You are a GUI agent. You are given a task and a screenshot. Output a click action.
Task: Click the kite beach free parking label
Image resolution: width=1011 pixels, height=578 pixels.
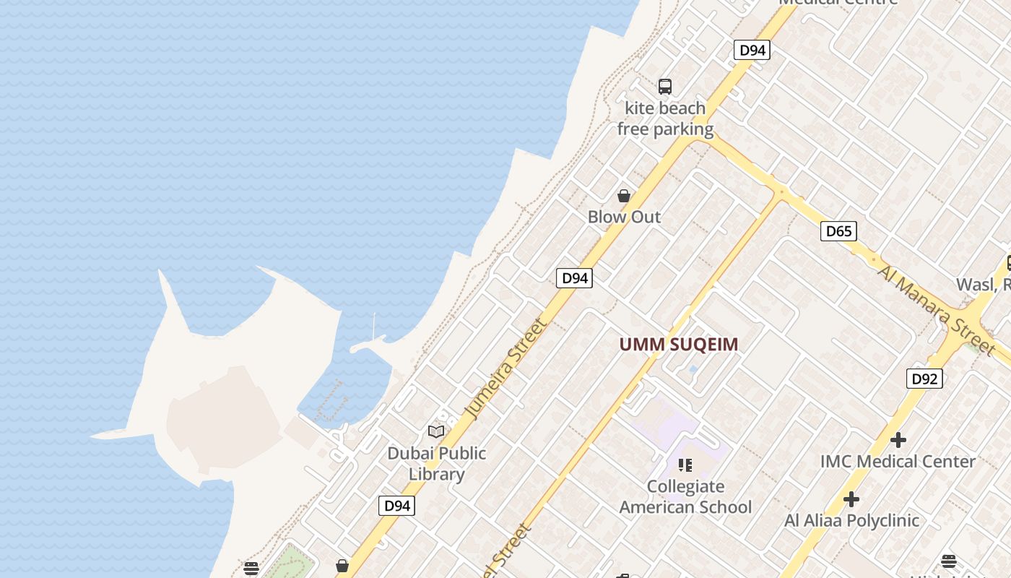click(x=665, y=118)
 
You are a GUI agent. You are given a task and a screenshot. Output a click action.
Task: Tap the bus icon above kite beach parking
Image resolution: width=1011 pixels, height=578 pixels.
click(x=665, y=87)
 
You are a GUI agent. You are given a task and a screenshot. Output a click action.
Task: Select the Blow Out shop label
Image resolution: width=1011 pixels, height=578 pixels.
click(x=624, y=217)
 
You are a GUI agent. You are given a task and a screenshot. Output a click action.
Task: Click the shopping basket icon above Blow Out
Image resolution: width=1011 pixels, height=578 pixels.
click(x=624, y=196)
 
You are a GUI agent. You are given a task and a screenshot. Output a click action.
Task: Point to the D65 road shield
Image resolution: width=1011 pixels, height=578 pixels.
click(x=838, y=231)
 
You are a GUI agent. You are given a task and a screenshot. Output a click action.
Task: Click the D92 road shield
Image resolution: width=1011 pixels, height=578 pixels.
click(x=924, y=379)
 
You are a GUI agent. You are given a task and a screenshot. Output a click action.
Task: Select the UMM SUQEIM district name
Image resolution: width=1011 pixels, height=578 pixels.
click(x=679, y=345)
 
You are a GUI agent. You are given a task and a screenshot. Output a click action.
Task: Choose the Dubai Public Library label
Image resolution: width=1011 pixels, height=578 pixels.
click(x=437, y=463)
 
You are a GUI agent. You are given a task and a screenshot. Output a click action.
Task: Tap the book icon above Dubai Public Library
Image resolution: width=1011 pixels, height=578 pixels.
click(x=436, y=431)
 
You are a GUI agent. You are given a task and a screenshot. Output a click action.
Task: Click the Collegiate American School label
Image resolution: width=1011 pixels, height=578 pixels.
click(x=685, y=496)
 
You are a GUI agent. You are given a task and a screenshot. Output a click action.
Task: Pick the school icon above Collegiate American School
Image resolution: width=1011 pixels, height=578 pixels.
click(x=685, y=465)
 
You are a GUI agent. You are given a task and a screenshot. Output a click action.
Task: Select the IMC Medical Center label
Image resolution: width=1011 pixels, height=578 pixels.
click(x=898, y=461)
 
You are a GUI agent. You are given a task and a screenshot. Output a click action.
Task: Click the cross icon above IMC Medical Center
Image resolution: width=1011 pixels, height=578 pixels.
click(x=898, y=439)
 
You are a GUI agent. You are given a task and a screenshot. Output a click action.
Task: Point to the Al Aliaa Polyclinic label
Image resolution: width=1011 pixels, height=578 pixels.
click(x=851, y=520)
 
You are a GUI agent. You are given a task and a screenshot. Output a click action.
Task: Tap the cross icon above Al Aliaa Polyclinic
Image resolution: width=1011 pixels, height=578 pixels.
click(x=851, y=499)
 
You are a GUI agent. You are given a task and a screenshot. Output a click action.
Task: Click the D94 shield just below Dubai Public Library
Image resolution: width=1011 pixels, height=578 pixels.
click(x=396, y=506)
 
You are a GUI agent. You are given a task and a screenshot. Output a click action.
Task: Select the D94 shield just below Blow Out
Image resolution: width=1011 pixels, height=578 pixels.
click(x=574, y=278)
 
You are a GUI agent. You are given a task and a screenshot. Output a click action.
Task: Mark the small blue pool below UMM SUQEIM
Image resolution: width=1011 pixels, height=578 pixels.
click(x=693, y=369)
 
